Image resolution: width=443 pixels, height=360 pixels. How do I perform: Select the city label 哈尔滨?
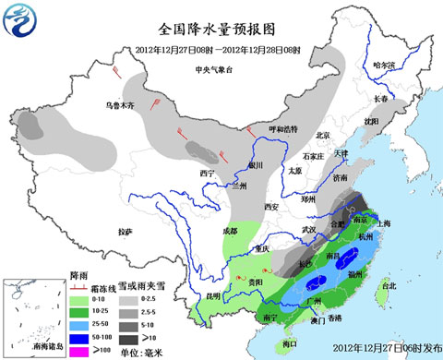pos(383,66)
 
